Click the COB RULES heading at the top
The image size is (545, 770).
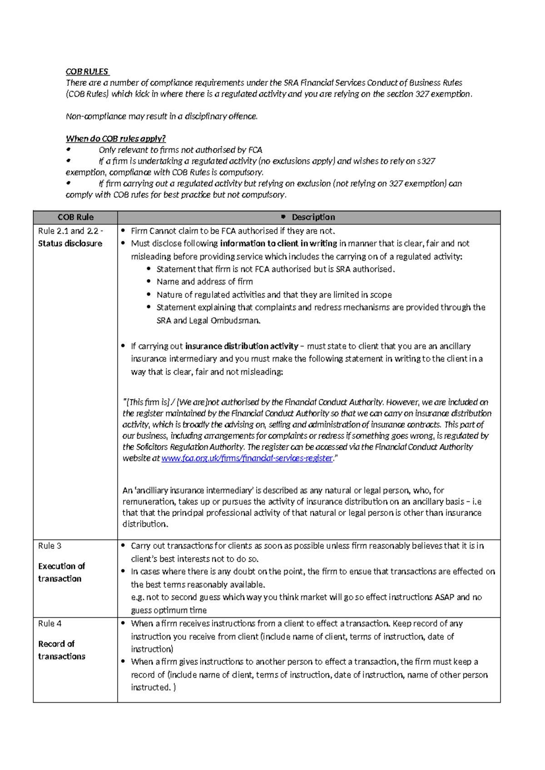(87, 71)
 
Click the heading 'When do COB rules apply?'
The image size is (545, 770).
(116, 138)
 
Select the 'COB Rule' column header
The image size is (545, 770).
(75, 217)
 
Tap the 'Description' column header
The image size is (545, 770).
(313, 217)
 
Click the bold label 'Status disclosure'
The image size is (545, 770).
(70, 243)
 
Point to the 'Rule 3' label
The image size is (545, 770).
(50, 546)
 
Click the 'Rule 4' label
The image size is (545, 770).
(50, 623)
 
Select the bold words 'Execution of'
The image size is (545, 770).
(61, 566)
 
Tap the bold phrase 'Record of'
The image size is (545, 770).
(56, 644)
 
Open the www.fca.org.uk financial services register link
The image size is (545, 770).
(247, 458)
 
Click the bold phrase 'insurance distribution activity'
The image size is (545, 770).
(242, 346)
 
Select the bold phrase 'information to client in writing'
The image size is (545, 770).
(278, 243)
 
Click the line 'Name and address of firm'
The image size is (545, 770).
(204, 281)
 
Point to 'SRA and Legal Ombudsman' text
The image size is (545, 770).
(208, 320)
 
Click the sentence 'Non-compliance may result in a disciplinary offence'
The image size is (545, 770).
(162, 116)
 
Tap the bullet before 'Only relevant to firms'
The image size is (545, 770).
(69, 149)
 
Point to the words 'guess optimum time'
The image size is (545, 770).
(168, 610)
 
